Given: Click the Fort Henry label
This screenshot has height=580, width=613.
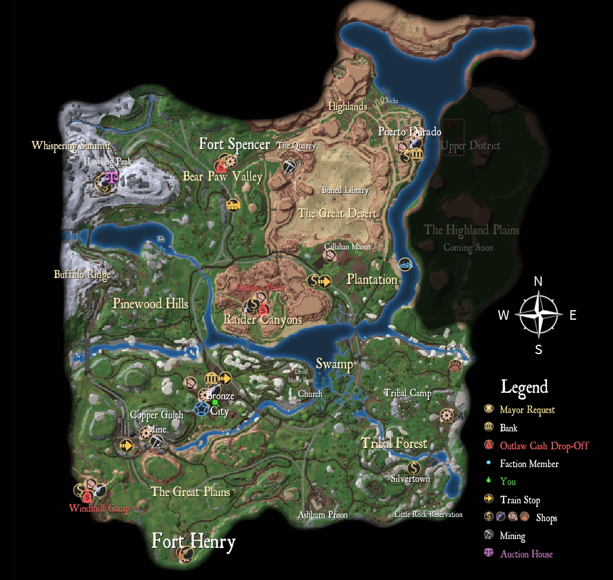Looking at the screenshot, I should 194,541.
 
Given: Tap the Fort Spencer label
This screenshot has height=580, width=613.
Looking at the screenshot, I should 234,144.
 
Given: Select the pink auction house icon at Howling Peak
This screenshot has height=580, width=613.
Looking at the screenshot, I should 111,176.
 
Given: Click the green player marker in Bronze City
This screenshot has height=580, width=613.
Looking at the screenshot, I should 215,403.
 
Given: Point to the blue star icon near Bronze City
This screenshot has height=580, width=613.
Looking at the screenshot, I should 201,409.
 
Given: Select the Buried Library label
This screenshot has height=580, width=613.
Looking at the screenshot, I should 345,191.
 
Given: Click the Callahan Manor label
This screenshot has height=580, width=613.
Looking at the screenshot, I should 347,247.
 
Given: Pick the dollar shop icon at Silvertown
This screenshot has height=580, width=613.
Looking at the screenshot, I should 414,468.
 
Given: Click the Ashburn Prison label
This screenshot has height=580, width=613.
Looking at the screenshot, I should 323,515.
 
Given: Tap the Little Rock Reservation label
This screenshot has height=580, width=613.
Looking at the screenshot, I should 428,515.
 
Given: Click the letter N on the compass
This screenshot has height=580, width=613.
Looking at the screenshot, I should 538,282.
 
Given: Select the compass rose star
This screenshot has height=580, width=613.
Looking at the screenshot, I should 538,314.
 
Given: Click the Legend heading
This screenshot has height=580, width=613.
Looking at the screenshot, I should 524,387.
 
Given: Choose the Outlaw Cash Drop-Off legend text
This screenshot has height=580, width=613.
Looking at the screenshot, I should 544,446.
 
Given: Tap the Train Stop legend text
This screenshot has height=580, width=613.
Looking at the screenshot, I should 520,500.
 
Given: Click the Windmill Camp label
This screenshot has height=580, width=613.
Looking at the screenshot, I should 99,508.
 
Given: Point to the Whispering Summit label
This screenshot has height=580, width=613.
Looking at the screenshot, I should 71,146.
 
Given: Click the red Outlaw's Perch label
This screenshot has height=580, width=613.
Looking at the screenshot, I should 260,288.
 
